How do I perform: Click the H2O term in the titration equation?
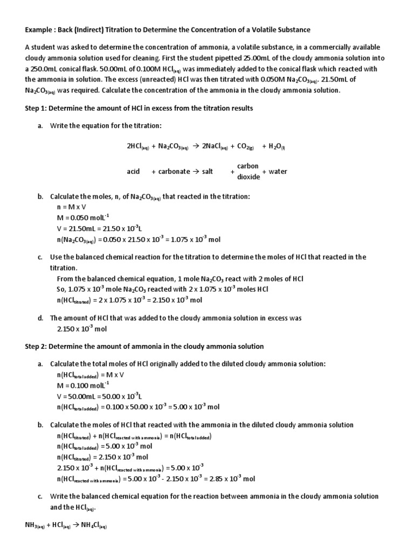click(x=277, y=146)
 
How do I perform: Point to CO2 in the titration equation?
click(x=245, y=146)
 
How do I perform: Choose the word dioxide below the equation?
click(x=249, y=177)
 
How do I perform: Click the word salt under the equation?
click(x=208, y=171)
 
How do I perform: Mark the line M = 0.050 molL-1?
click(x=83, y=217)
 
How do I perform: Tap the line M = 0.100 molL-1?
click(x=83, y=385)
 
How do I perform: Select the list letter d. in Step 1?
click(x=40, y=318)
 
